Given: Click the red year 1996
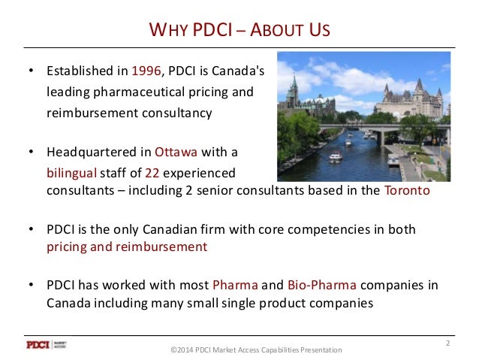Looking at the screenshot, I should tap(145, 72).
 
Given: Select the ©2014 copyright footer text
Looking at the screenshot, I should tap(255, 349).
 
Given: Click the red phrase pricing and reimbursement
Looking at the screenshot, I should tap(125, 246).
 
